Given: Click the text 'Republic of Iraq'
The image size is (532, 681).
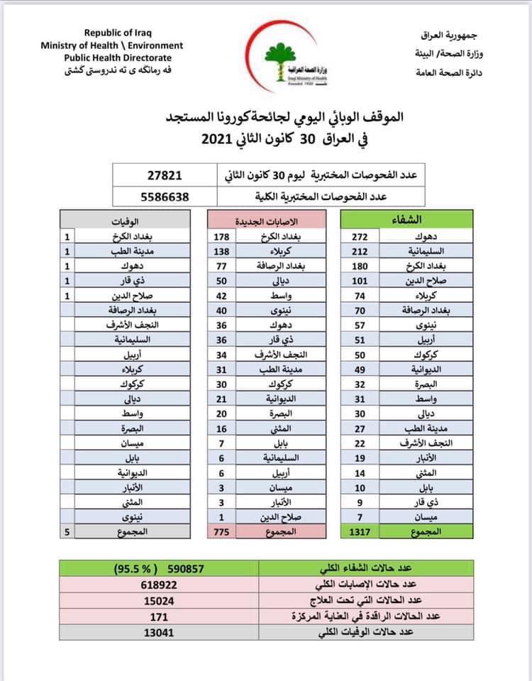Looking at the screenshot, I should click(118, 33).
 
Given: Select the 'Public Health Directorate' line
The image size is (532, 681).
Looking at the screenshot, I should click(118, 57).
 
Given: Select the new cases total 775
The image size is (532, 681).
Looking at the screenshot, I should click(223, 531).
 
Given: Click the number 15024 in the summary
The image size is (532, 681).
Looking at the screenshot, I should click(163, 600).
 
